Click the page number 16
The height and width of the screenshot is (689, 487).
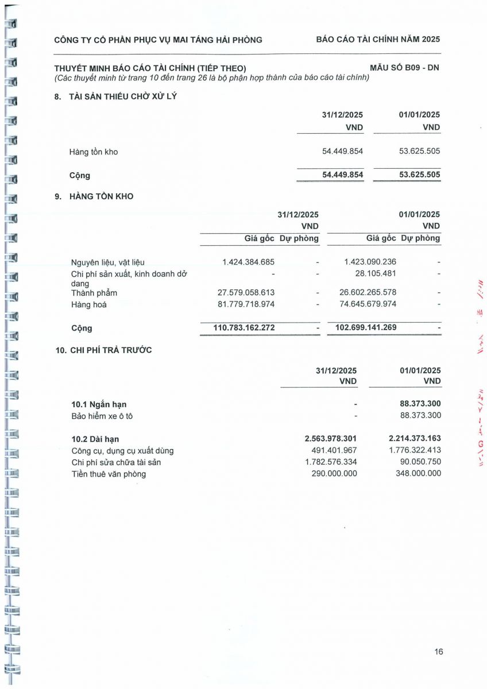pyautogui.click(x=439, y=652)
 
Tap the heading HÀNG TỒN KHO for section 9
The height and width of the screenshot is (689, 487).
pyautogui.click(x=102, y=196)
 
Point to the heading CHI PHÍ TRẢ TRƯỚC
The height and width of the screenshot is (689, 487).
pyautogui.click(x=111, y=350)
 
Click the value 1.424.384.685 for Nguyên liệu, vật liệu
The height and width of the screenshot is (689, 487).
pyautogui.click(x=249, y=262)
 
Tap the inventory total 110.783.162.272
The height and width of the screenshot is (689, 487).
pyautogui.click(x=237, y=328)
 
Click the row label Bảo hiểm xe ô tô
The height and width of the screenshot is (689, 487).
pyautogui.click(x=102, y=416)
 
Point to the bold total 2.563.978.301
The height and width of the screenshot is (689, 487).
pyautogui.click(x=331, y=439)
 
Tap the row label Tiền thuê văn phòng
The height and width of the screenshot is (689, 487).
pyautogui.click(x=109, y=474)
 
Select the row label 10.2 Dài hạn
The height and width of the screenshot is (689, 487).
pyautogui.click(x=95, y=439)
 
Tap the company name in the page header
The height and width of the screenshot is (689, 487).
pyautogui.click(x=158, y=40)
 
